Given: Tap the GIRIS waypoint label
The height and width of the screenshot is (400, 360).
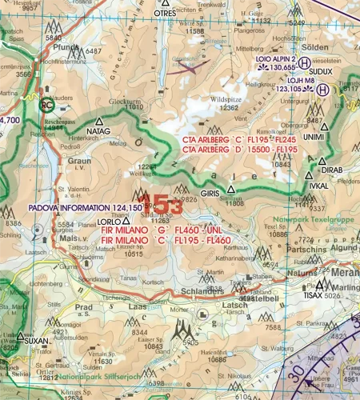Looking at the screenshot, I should click(210, 193).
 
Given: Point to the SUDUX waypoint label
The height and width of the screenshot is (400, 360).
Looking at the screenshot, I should click(320, 70).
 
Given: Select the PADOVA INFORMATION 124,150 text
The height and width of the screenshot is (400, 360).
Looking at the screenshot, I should click(66, 206).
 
